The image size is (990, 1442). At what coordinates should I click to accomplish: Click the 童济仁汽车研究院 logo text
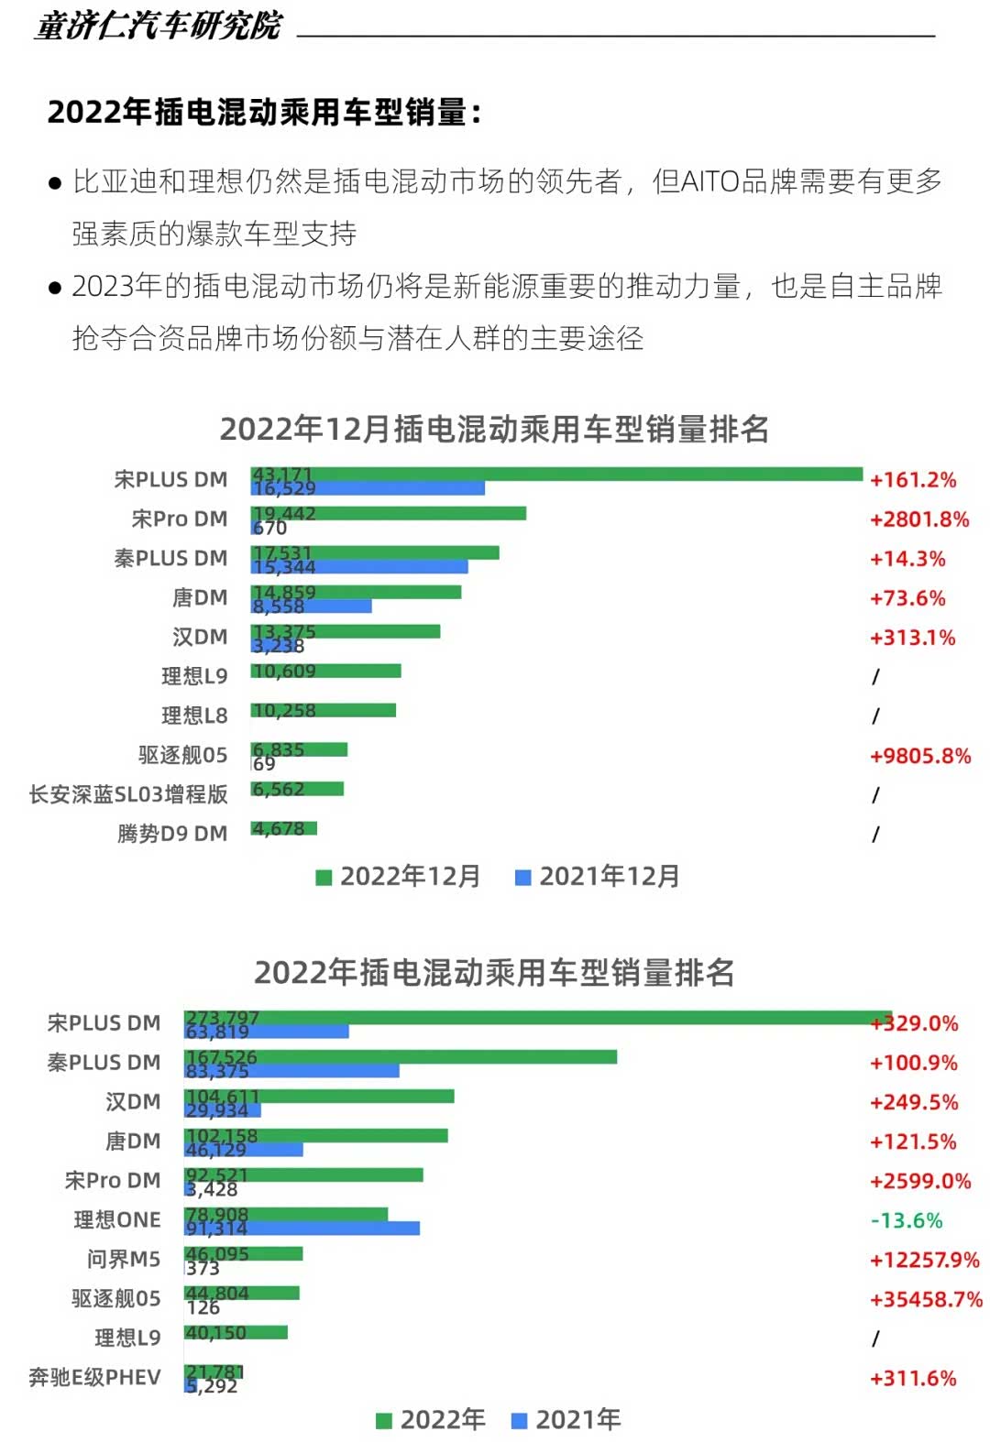point(159,26)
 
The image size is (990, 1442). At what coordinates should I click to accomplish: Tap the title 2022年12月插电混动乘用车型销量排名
point(494,429)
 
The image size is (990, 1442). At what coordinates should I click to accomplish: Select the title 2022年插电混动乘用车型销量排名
point(494,972)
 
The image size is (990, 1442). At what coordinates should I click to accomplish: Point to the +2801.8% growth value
point(918,519)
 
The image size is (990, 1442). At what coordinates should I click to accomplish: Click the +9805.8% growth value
point(919,756)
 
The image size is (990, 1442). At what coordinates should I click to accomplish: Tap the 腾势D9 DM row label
point(172,834)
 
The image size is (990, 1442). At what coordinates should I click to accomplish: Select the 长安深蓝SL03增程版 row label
point(128,794)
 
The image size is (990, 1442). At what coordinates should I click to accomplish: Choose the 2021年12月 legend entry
point(599,877)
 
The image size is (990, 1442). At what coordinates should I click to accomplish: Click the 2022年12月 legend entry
point(399,877)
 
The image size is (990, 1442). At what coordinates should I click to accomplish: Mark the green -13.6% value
point(906,1220)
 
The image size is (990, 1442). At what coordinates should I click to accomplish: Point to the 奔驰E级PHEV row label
point(94,1377)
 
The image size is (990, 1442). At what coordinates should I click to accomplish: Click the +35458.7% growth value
point(925,1299)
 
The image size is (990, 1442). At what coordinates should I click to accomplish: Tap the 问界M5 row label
point(124,1259)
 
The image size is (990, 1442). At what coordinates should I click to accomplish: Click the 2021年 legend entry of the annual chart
point(566,1420)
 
